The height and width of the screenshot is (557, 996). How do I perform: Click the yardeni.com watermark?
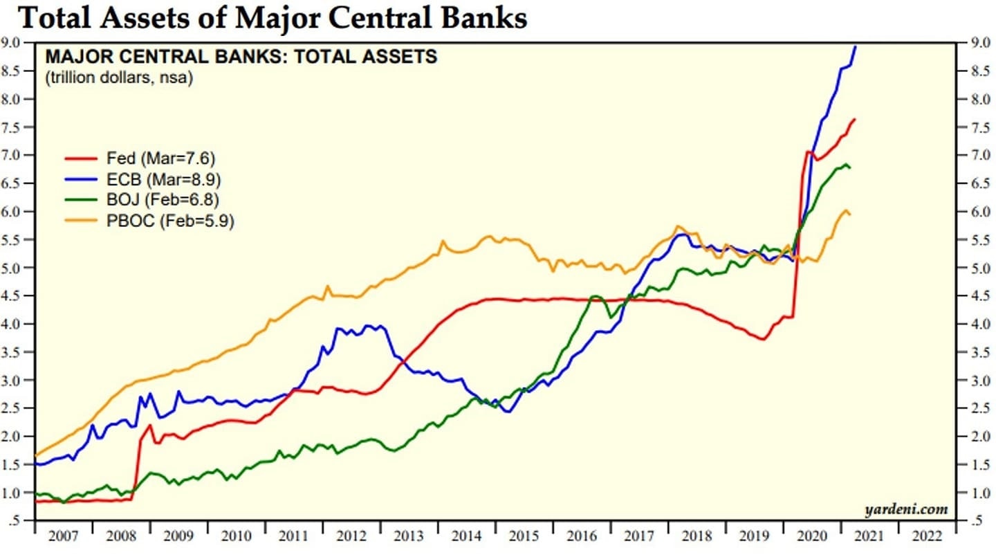pos(906,510)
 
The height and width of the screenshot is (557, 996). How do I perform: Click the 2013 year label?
pos(408,536)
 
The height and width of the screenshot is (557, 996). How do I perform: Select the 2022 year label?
pos(926,536)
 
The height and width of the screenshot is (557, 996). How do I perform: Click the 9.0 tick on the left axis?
pos(17,43)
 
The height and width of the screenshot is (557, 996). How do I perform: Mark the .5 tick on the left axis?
pos(21,521)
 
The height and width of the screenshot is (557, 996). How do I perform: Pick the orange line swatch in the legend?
pos(80,221)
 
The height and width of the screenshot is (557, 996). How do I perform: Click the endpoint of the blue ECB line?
pos(856,46)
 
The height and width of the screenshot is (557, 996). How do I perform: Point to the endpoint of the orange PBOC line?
pos(850,215)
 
